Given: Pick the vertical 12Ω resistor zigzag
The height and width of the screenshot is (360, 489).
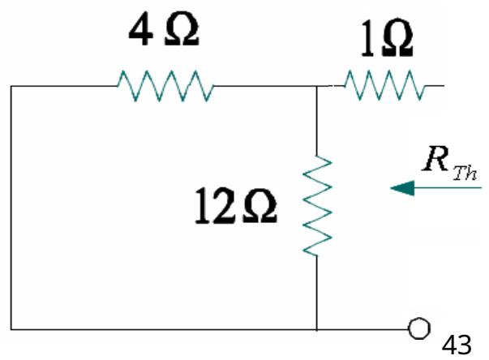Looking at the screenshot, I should tap(316, 203).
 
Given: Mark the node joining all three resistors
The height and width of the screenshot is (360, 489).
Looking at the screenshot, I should tap(316, 84).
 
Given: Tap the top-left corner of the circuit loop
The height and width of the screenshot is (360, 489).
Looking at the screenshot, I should tap(11, 85).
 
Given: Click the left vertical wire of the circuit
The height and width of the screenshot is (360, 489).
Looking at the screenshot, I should tap(11, 208).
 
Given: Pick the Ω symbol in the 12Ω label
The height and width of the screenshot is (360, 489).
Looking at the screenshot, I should tap(262, 208).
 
